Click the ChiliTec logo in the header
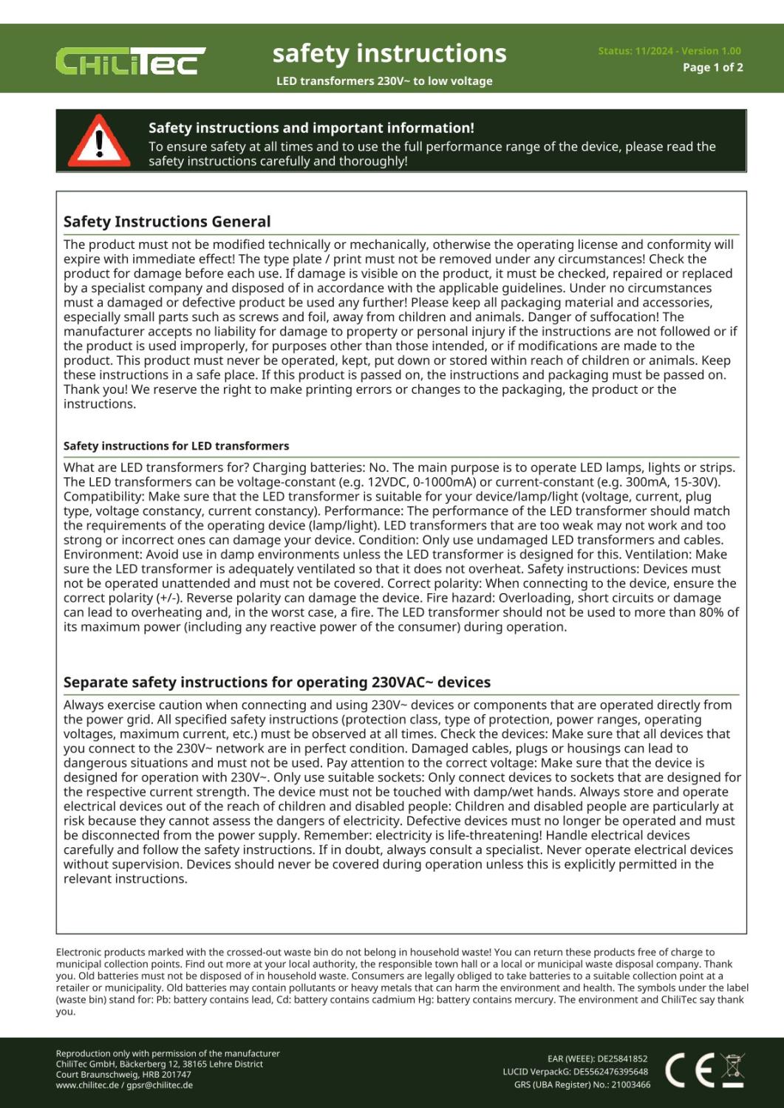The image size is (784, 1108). pos(130,62)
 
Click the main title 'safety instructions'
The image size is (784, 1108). pos(389,53)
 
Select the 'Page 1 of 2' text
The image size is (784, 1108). pos(712,67)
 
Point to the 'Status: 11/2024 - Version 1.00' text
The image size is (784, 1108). pos(669,51)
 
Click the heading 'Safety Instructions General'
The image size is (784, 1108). pos(167,222)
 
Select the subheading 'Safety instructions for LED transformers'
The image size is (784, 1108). pos(176,446)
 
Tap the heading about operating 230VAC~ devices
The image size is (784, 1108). pos(277,683)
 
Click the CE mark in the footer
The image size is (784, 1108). pos(689,1070)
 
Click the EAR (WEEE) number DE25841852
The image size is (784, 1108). pos(622,1059)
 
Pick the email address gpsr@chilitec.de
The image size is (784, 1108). pos(160,1085)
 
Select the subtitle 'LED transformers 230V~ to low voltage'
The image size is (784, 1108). pos(384,81)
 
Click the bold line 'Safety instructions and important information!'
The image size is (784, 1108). pos(311,128)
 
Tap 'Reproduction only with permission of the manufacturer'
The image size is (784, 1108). pos(168,1053)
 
